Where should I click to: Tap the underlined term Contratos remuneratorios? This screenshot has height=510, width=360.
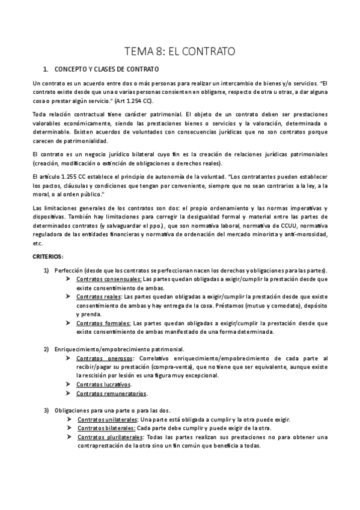(111, 393)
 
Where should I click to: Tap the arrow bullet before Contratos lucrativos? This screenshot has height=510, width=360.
(68, 384)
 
